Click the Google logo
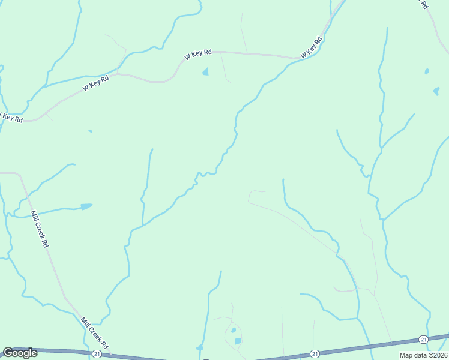pyautogui.click(x=20, y=353)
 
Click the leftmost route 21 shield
pyautogui.click(x=97, y=354)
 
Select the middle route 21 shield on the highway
pyautogui.click(x=314, y=353)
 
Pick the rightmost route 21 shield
pyautogui.click(x=423, y=340)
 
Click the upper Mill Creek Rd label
pyautogui.click(x=39, y=229)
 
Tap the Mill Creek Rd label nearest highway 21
pyautogui.click(x=94, y=334)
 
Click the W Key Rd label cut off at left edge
pyautogui.click(x=11, y=117)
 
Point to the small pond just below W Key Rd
pyautogui.click(x=206, y=73)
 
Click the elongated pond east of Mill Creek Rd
pyautogui.click(x=86, y=207)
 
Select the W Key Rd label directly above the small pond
pyautogui.click(x=198, y=54)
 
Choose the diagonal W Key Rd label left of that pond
pyautogui.click(x=95, y=83)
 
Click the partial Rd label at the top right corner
pyautogui.click(x=424, y=4)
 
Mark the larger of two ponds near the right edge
pyautogui.click(x=436, y=92)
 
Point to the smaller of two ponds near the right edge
pyautogui.click(x=427, y=71)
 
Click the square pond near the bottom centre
pyautogui.click(x=238, y=341)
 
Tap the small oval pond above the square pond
pyautogui.click(x=233, y=329)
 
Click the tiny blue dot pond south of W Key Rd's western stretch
pyautogui.click(x=90, y=131)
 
